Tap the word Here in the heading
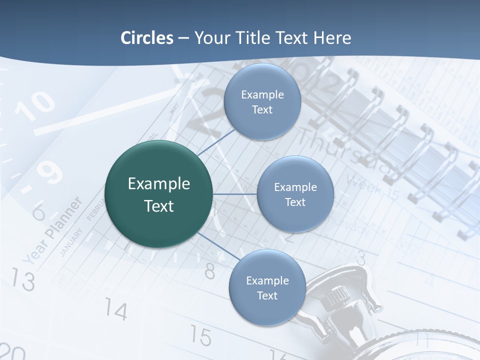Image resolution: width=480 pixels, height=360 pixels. pos(332,38)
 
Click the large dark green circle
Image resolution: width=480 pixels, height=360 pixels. pos(159,194)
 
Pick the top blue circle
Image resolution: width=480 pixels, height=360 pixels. pos(262,102)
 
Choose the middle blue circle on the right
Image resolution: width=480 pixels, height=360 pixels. pos(295,194)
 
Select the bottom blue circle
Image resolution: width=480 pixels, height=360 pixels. pos(267,288)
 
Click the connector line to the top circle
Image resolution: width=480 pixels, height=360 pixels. pos(216,143)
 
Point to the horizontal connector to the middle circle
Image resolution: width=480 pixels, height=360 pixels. pos(235,194)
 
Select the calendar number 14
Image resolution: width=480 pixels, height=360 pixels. pos(115,310)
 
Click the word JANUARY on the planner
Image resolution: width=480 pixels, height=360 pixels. pos(70,243)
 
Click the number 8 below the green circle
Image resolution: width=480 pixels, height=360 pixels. pos(210,270)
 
